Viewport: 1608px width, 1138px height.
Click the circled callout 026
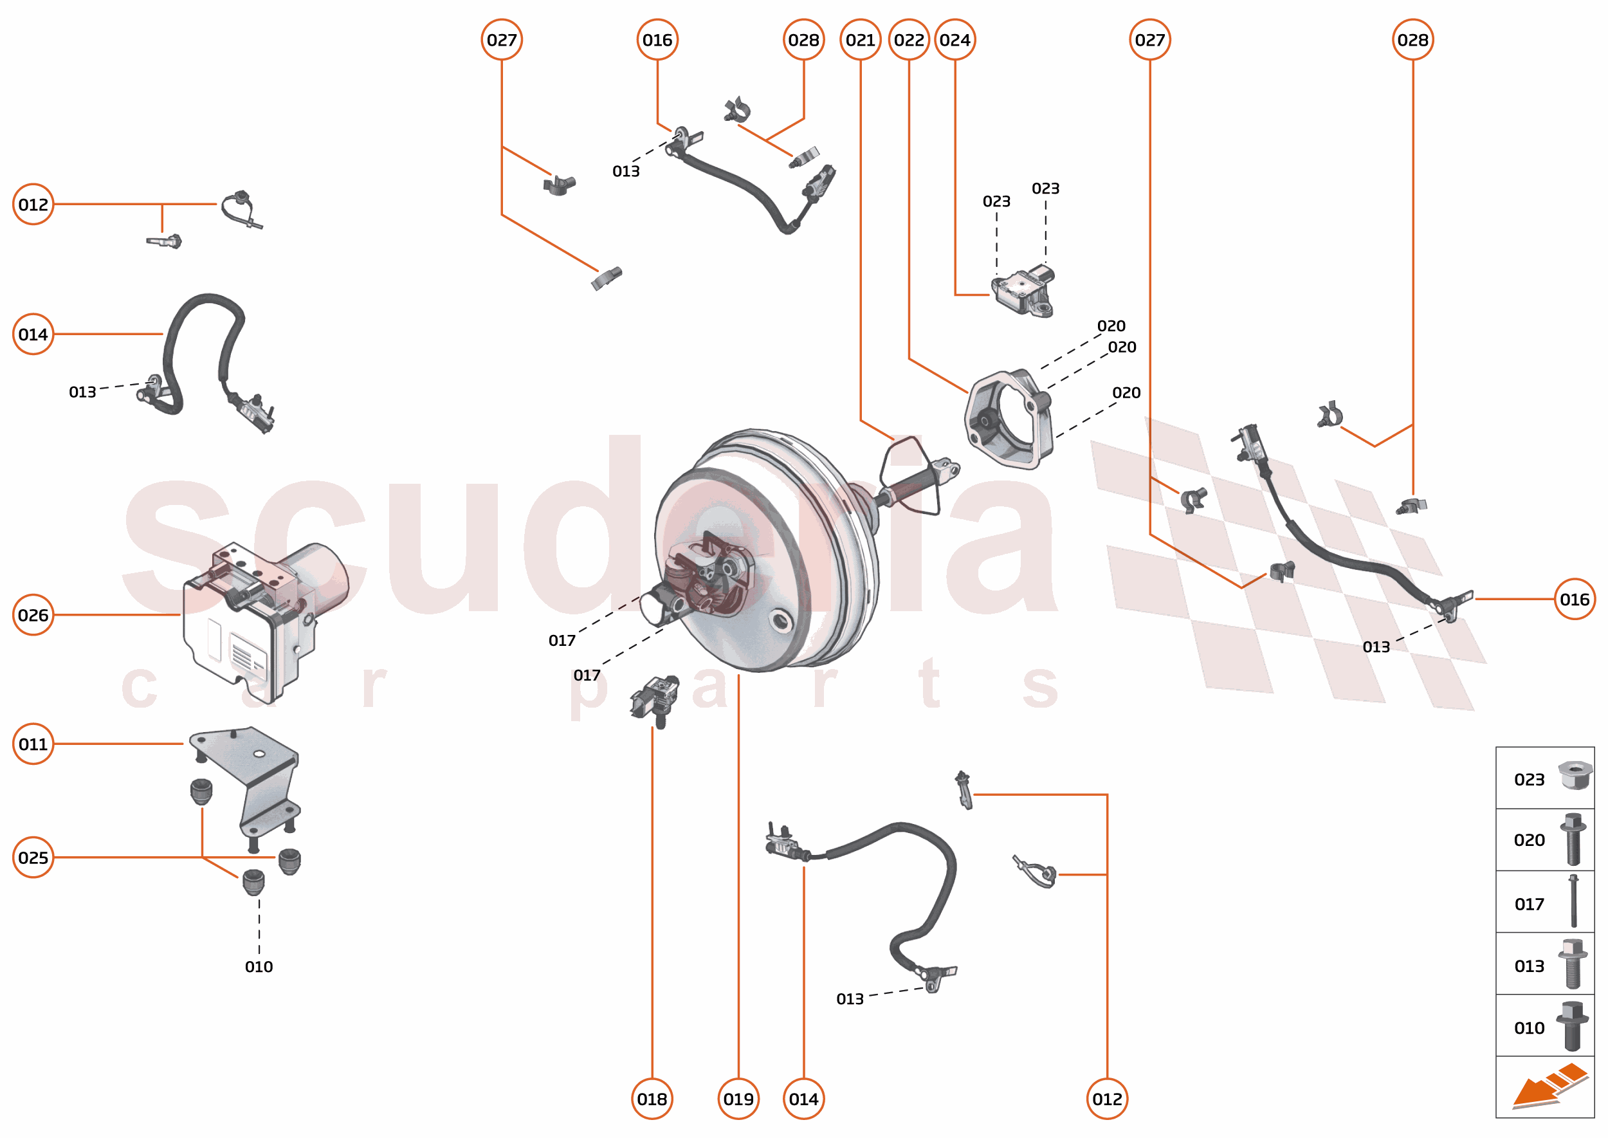[x=33, y=614]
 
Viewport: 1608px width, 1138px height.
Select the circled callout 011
[x=33, y=744]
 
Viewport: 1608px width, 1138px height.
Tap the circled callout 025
[x=33, y=857]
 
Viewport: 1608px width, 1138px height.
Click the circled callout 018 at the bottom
[x=652, y=1099]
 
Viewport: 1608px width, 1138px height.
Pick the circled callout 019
[x=738, y=1099]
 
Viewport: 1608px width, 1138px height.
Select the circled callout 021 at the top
[x=860, y=40]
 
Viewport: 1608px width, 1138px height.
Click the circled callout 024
[x=955, y=40]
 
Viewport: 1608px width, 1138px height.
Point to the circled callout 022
[x=909, y=40]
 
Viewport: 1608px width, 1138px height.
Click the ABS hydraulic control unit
[x=259, y=617]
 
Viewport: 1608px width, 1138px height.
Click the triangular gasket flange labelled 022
[x=1009, y=421]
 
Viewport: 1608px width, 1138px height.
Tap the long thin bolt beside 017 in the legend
[x=1573, y=901]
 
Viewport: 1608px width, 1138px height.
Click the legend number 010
[x=1528, y=1028]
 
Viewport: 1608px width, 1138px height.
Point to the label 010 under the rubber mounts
[x=259, y=966]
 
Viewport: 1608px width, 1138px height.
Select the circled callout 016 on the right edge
[x=1574, y=599]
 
